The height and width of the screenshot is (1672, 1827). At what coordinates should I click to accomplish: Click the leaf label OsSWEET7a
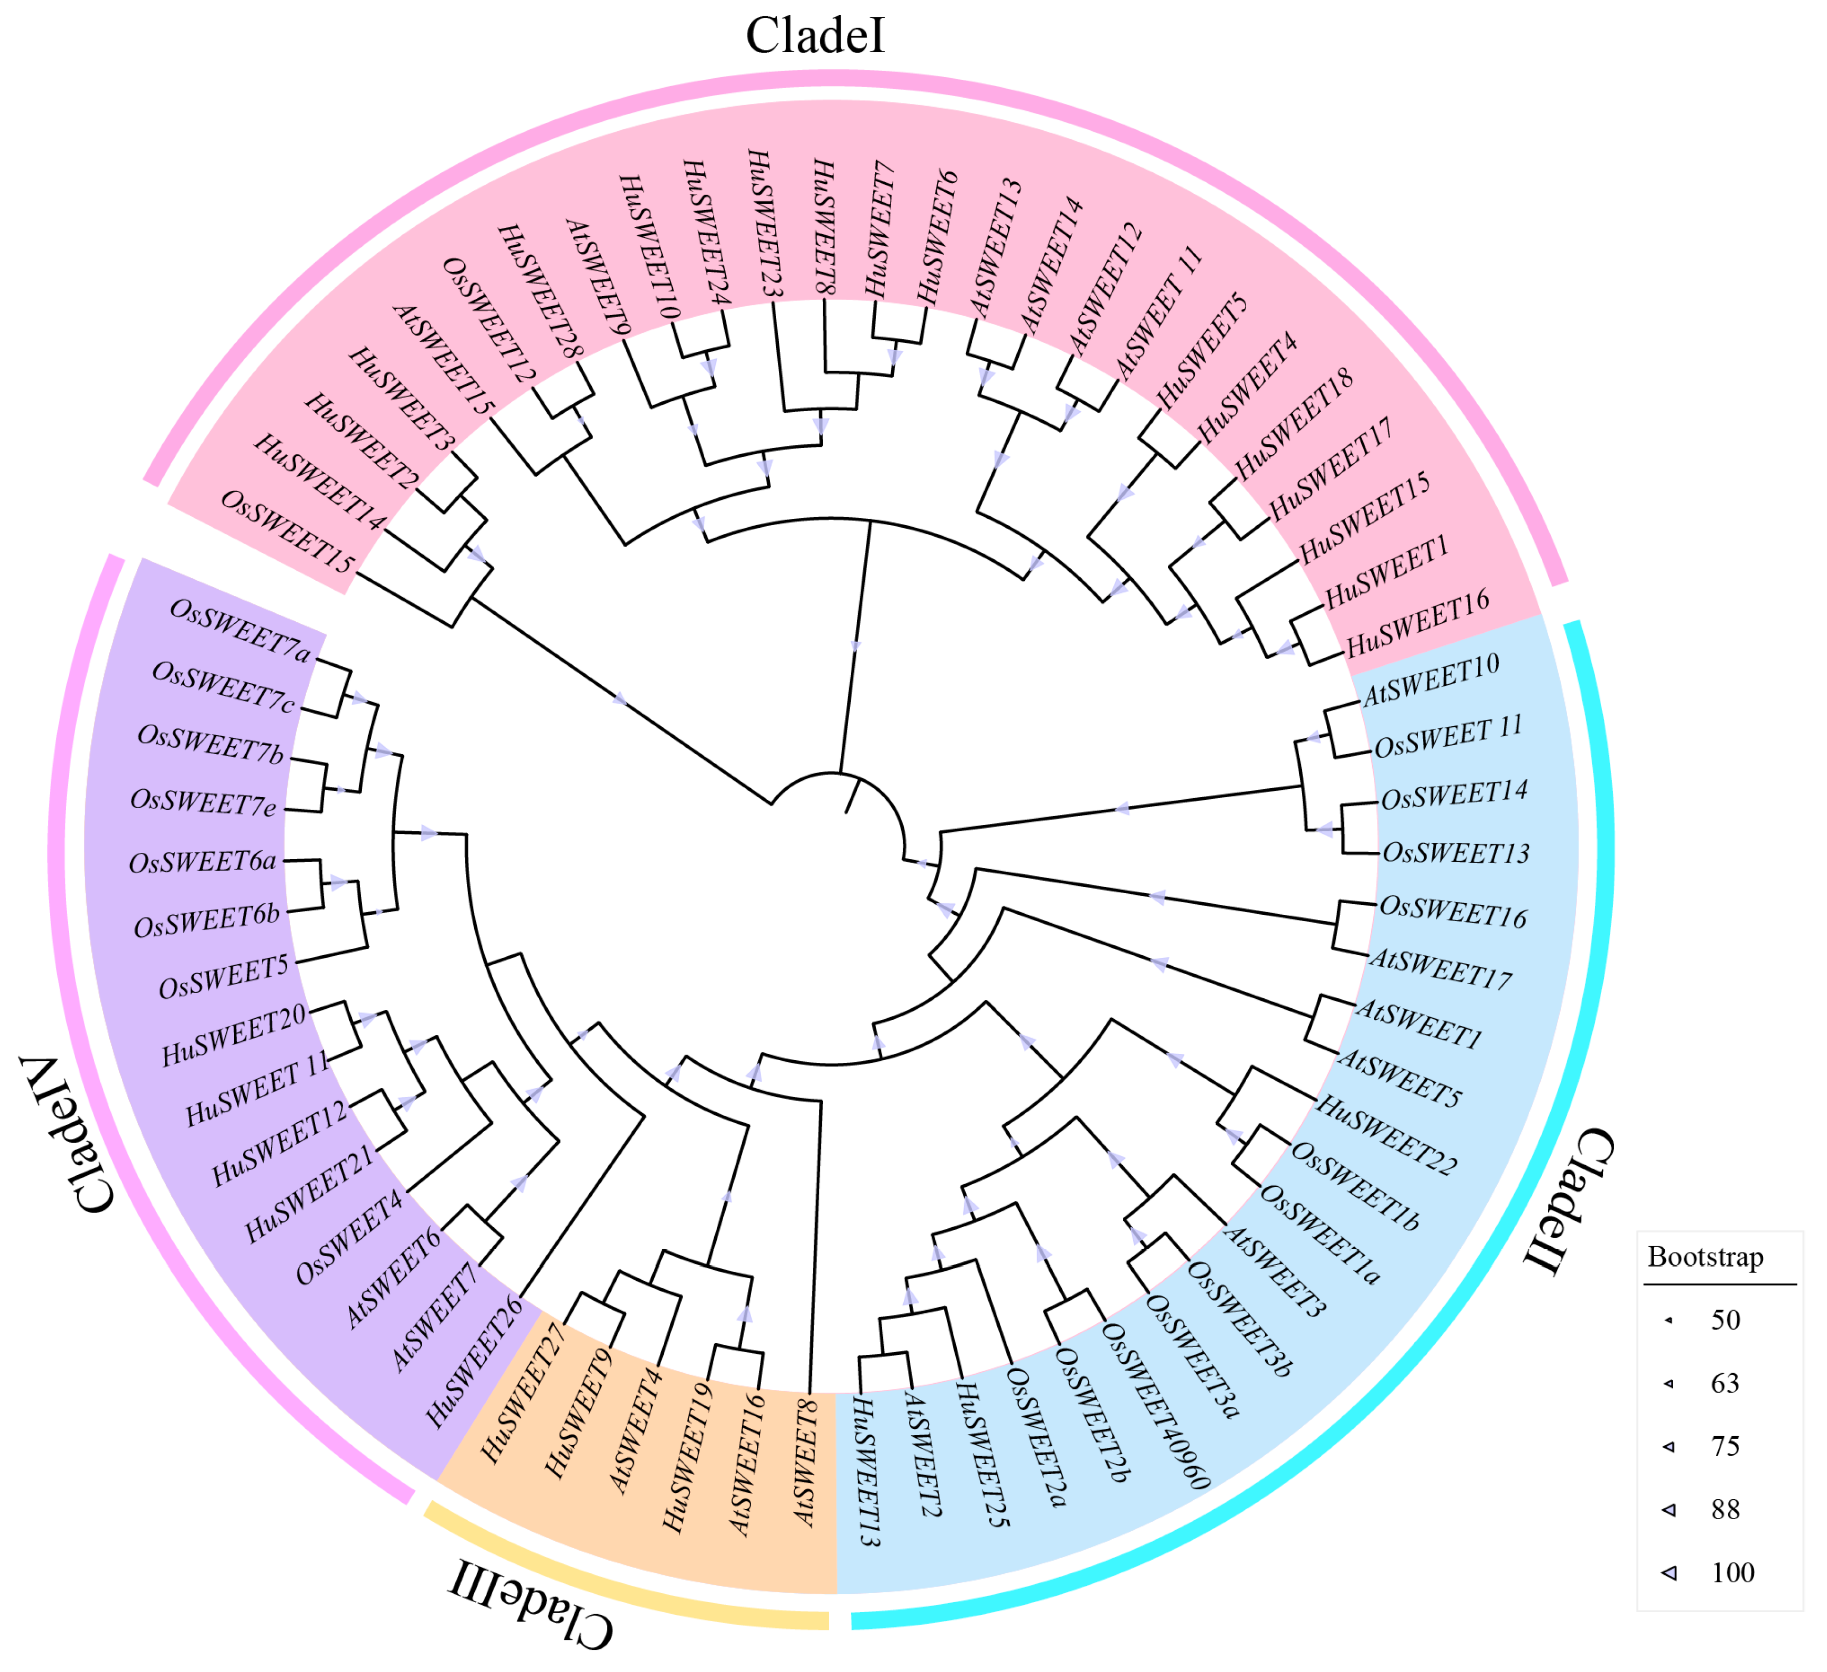(240, 630)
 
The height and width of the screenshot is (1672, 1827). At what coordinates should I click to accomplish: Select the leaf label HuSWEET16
(1418, 623)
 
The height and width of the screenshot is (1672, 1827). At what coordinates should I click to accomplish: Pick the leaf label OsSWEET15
(288, 531)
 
